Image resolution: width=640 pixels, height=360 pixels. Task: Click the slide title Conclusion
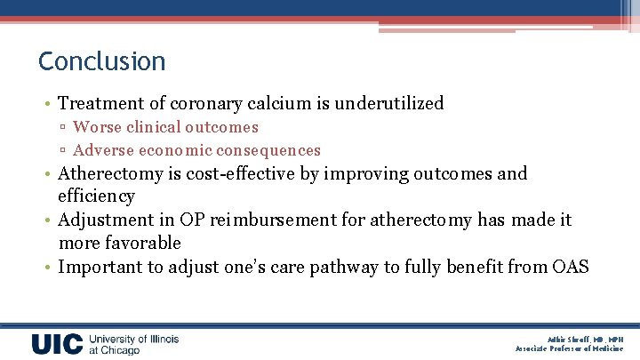[x=101, y=61]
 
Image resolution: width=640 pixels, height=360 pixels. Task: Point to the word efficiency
[x=96, y=196]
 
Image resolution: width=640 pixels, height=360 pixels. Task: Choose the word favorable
[x=142, y=243]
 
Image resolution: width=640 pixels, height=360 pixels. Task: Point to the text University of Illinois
[x=134, y=339]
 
